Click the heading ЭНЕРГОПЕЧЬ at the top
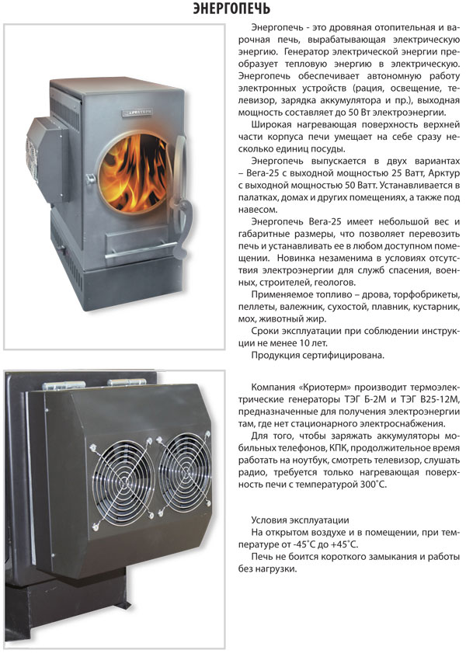[x=231, y=9]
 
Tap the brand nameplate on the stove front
[x=137, y=113]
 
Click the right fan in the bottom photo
[x=183, y=470]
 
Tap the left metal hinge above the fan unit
[x=63, y=385]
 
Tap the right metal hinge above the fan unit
[x=127, y=382]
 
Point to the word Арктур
[x=444, y=173]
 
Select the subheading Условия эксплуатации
[x=300, y=520]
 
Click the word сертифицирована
[x=342, y=356]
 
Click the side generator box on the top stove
[x=47, y=159]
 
